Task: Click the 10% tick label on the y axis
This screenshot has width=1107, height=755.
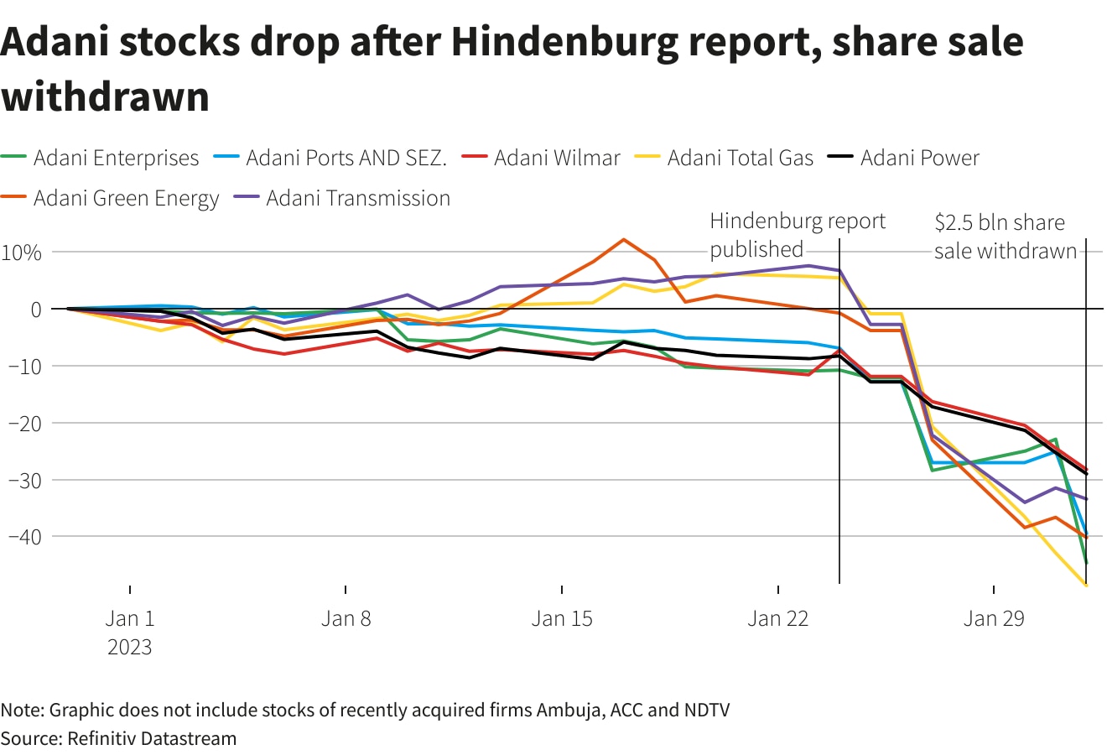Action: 23,252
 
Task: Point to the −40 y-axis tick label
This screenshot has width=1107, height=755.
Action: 23,536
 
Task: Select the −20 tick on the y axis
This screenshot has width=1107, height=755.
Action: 23,423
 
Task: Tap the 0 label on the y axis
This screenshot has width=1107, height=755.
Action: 35,309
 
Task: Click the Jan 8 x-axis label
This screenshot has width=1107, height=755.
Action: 346,619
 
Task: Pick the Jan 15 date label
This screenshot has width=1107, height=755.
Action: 562,619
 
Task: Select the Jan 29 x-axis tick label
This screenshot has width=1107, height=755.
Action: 994,619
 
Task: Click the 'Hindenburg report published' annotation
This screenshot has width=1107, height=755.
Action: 797,235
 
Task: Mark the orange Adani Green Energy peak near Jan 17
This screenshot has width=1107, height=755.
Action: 623,239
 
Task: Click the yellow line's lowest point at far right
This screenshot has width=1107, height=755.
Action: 1086,586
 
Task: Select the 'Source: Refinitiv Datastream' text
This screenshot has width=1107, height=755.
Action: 118,738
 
